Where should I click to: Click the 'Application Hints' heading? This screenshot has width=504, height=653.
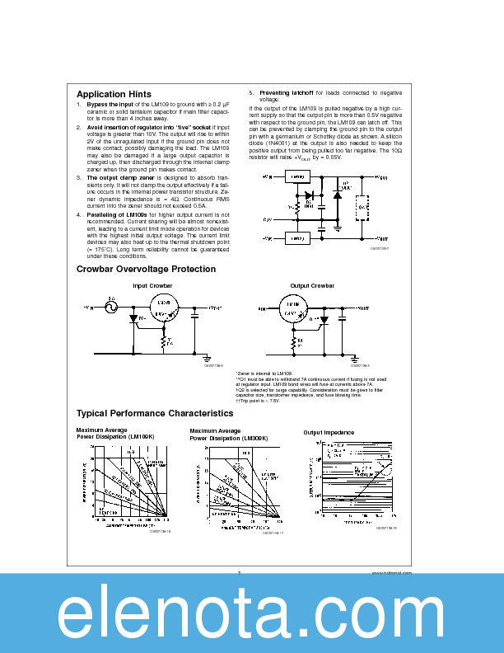114,94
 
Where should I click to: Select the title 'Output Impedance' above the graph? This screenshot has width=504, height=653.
329,432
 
